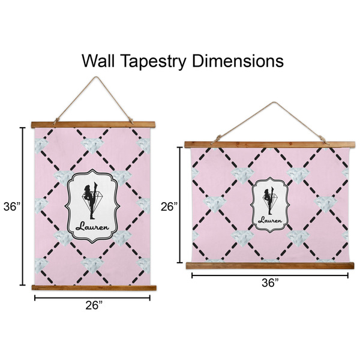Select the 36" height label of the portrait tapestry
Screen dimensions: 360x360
10,206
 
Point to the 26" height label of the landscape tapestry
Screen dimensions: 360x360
169,207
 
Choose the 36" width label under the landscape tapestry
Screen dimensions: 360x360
270,283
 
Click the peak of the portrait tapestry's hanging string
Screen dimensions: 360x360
93,78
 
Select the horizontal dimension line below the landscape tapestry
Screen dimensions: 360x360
269,275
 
